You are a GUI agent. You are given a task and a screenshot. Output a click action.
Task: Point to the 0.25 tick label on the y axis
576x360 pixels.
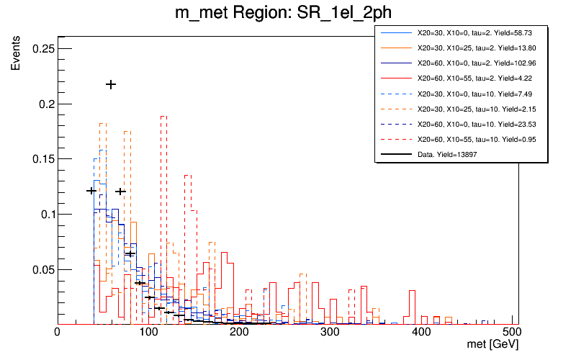[43, 48]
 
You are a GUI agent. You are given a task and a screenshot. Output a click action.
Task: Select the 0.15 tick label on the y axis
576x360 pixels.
[43, 159]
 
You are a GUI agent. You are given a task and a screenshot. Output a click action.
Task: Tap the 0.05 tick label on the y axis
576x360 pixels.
[43, 270]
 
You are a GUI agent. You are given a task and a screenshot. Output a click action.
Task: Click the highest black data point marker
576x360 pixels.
[111, 84]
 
